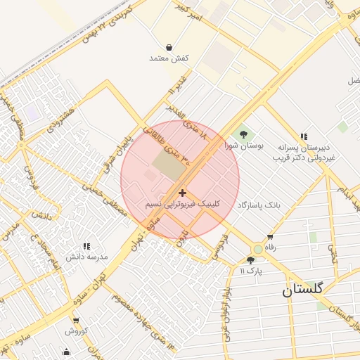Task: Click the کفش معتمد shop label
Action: click(x=166, y=58)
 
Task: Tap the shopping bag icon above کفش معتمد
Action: click(x=169, y=48)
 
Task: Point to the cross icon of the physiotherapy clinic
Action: click(x=183, y=193)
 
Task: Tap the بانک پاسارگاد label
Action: click(x=259, y=205)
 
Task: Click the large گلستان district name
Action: click(x=303, y=290)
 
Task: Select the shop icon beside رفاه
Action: click(x=269, y=237)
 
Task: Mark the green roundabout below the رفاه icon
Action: click(x=258, y=249)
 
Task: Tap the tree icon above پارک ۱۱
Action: click(x=250, y=260)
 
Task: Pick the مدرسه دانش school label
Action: click(x=86, y=257)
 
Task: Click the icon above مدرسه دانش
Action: click(x=86, y=246)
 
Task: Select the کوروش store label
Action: click(x=76, y=330)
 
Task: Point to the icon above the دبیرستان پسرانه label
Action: click(x=304, y=136)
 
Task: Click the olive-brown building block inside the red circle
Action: click(x=167, y=165)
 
